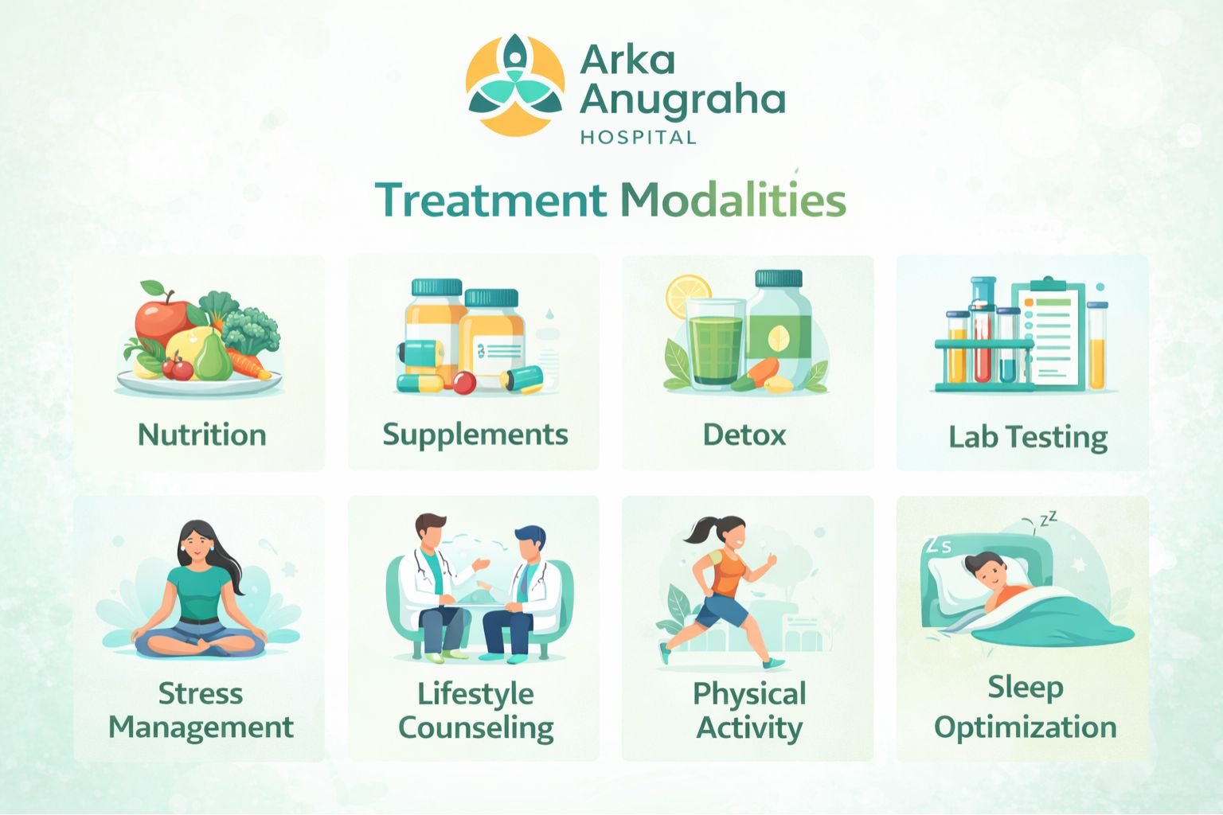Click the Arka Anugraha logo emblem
click(x=516, y=85)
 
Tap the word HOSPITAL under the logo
click(x=638, y=138)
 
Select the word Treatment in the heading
click(x=490, y=200)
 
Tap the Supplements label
click(x=475, y=435)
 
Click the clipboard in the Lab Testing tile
click(x=1053, y=334)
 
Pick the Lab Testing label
click(x=1027, y=437)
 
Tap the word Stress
click(x=201, y=693)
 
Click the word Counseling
click(x=475, y=727)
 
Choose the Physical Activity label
click(x=749, y=710)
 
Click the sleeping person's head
click(x=987, y=568)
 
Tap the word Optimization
click(x=1025, y=727)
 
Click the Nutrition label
click(x=202, y=435)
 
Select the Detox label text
click(x=744, y=435)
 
